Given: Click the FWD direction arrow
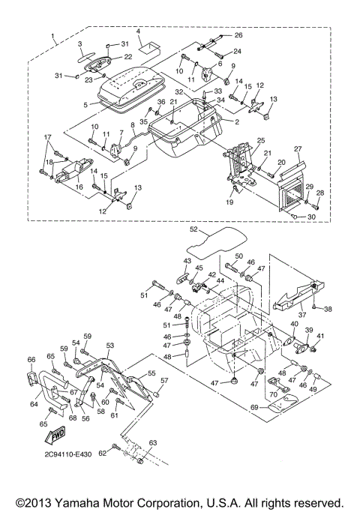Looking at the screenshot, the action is tap(55, 436).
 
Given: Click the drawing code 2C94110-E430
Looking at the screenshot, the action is tap(68, 454).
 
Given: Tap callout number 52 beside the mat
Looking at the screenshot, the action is tap(194, 229).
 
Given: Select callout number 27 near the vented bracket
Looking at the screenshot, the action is tap(298, 149).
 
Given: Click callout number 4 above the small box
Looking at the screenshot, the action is tap(138, 31).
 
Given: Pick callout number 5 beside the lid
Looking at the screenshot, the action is tap(85, 105).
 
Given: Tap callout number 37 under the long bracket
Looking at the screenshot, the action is tap(302, 315).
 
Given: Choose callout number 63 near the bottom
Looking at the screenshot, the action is tap(153, 443).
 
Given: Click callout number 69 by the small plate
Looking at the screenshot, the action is tap(254, 407).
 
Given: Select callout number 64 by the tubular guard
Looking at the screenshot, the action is tap(34, 404).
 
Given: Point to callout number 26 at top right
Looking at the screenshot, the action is tap(238, 35).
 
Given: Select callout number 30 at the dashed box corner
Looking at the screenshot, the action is tap(311, 217).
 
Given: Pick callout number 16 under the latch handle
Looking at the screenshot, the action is tap(79, 187).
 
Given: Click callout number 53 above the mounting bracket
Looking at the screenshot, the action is tap(110, 345).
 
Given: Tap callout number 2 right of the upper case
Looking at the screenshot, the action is tap(237, 121).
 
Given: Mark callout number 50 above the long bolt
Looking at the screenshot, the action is tap(238, 256).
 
